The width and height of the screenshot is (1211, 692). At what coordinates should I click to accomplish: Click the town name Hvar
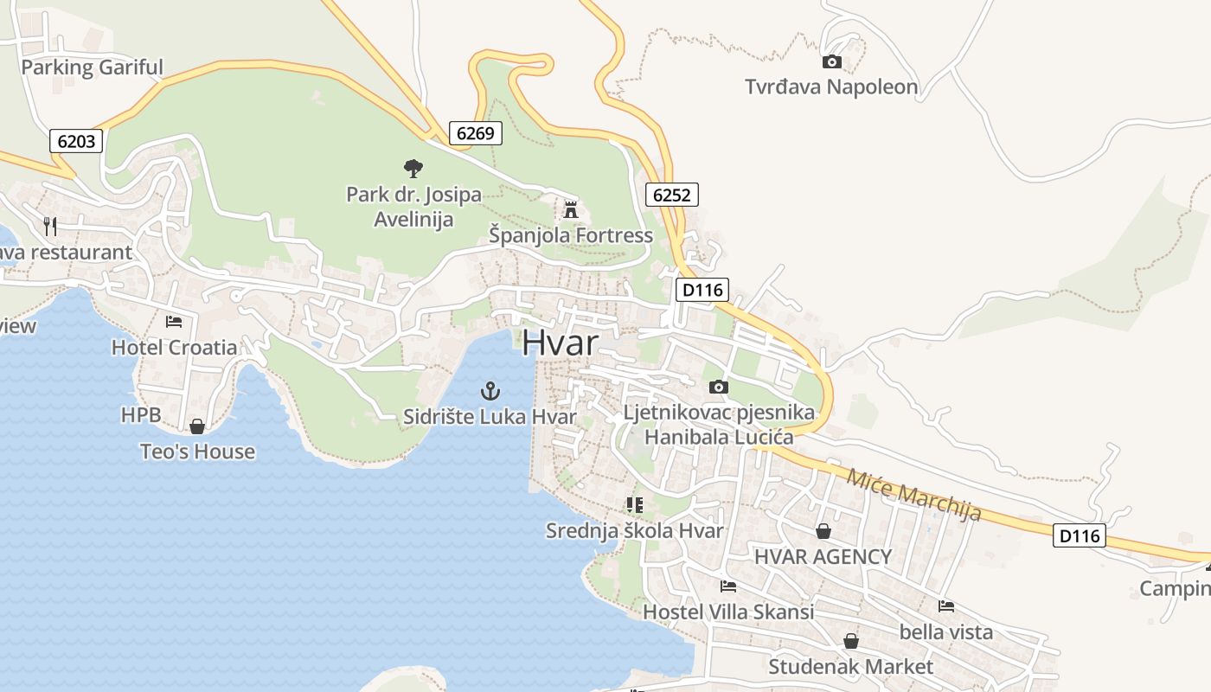pos(560,343)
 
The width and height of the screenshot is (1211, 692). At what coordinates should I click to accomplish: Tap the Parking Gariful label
pos(92,67)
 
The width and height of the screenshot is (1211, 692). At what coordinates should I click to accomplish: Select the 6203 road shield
pos(76,141)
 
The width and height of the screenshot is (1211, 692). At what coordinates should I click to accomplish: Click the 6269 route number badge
pos(475,132)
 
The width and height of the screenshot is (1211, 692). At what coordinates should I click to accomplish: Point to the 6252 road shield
pos(671,195)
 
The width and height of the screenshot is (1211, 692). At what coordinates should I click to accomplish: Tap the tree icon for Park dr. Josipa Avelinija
pos(413,168)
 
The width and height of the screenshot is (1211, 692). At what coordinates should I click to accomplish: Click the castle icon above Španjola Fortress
pos(570,209)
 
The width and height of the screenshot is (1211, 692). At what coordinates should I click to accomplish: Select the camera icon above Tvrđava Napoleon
pos(831,61)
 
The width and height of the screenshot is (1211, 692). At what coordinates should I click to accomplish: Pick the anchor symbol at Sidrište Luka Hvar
pos(490,391)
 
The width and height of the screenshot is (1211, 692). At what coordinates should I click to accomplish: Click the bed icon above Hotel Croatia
pos(174,322)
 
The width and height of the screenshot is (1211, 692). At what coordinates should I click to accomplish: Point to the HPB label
pos(141,415)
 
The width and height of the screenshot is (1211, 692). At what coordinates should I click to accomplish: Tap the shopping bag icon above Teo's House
pos(197,426)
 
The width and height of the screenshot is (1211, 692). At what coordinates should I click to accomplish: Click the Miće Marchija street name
pos(914,495)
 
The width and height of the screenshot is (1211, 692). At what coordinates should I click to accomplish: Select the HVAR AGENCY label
pos(823,556)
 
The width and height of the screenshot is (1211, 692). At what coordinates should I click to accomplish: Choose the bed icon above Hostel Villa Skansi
pos(728,586)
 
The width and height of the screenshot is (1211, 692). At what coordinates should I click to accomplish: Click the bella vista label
pos(946,631)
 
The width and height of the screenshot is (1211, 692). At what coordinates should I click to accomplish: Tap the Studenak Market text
pos(851,667)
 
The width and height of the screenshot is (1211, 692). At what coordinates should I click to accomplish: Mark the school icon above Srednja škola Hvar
pos(635,504)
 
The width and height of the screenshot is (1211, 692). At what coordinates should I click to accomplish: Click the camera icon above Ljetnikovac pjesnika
pos(719,387)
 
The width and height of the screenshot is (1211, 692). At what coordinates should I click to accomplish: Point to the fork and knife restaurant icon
pos(50,227)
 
